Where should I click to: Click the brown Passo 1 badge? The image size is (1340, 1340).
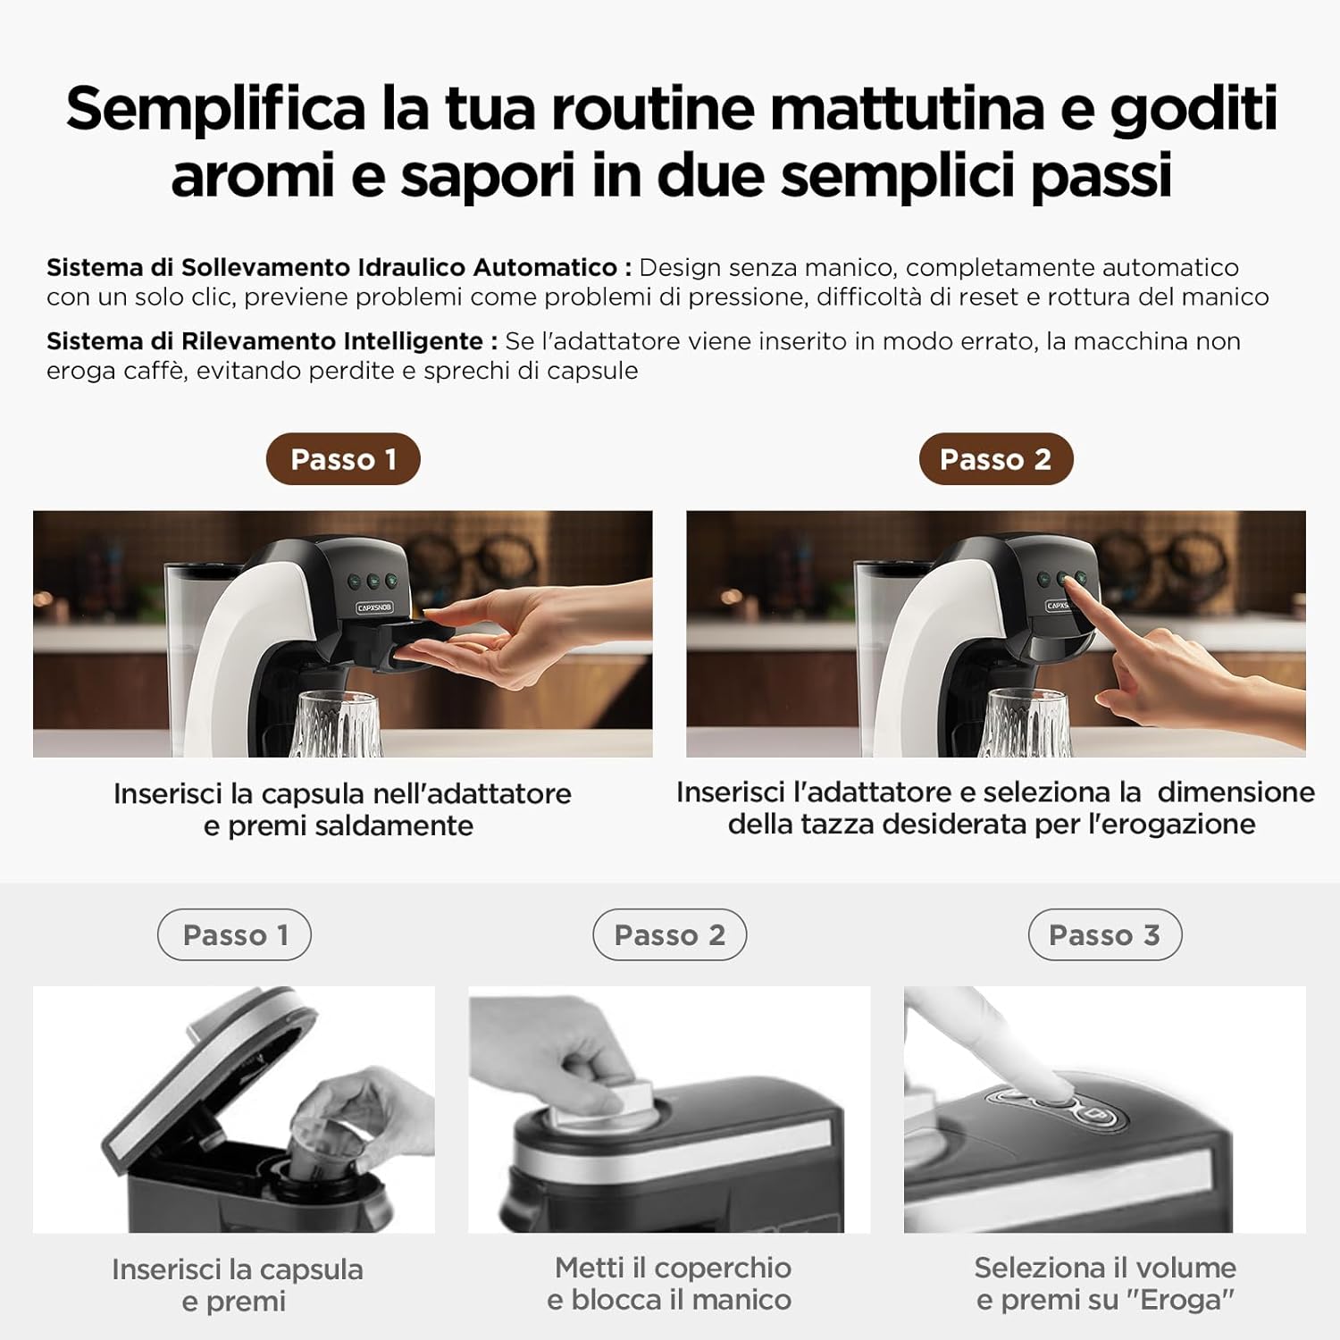pyautogui.click(x=343, y=459)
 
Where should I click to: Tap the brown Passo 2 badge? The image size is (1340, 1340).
pyautogui.click(x=995, y=459)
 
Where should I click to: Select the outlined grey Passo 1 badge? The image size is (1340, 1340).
pyautogui.click(x=234, y=934)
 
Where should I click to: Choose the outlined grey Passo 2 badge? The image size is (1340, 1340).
pyautogui.click(x=669, y=934)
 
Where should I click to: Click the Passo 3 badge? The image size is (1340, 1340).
pyautogui.click(x=1104, y=934)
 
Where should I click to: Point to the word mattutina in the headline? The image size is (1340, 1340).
pyautogui.click(x=907, y=109)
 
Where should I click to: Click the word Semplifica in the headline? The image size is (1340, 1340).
pyautogui.click(x=215, y=109)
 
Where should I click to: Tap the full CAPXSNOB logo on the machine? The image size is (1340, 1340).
pyautogui.click(x=374, y=607)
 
